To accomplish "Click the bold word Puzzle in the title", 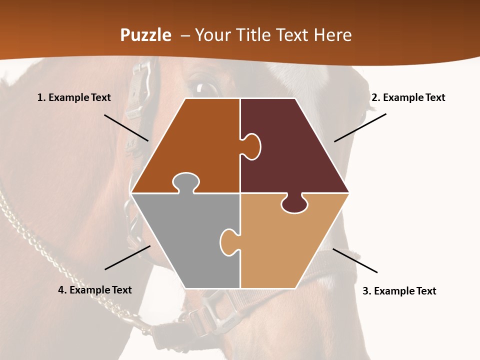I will pos(145,35).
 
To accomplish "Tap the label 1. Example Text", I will pos(74,97).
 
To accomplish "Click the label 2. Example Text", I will pos(408,97).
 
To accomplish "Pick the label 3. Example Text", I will pos(399,291).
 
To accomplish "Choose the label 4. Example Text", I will pos(95,290).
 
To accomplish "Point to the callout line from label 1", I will pos(126,127).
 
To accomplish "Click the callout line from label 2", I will pos(360,127).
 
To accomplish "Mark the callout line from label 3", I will pos(355,260).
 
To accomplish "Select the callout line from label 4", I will pos(127,257).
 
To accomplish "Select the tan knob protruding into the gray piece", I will pos(229,242).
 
